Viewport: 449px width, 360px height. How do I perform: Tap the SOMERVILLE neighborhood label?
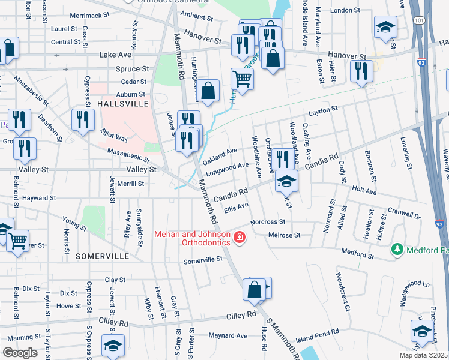pyautogui.click(x=103, y=256)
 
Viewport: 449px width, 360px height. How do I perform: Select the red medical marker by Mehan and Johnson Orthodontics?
pyautogui.click(x=240, y=238)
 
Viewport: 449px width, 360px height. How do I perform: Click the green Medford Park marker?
pyautogui.click(x=396, y=248)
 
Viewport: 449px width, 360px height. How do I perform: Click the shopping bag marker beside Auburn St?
pyautogui.click(x=208, y=91)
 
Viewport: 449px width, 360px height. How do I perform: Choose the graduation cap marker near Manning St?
pyautogui.click(x=112, y=346)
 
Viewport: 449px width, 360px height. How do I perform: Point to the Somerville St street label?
pyautogui.click(x=203, y=260)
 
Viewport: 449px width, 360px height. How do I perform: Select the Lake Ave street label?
pyautogui.click(x=115, y=55)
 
